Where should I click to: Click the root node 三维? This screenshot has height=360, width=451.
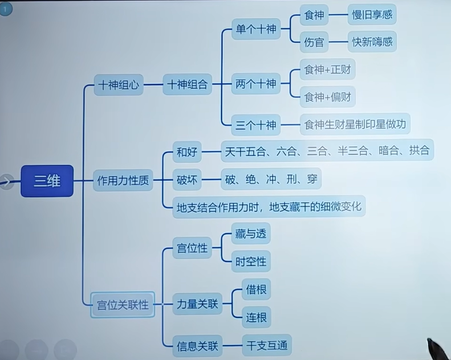coord(47,181)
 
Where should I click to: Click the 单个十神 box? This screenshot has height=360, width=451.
coord(256,29)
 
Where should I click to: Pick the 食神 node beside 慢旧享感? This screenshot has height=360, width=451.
coord(314,15)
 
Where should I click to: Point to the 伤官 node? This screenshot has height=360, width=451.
coord(314,42)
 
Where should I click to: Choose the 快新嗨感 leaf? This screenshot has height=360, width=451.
coord(372,42)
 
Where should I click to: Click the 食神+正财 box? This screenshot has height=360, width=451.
coord(327,70)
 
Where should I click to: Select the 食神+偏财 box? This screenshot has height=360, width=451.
coord(327,97)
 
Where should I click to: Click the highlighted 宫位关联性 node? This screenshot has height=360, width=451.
coord(123,305)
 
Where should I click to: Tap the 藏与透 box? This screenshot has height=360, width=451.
coord(251,234)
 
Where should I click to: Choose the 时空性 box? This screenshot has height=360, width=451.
coord(251,261)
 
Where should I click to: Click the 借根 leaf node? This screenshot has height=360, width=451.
coord(255,289)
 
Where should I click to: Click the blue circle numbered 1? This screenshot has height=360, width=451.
coord(5,9)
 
